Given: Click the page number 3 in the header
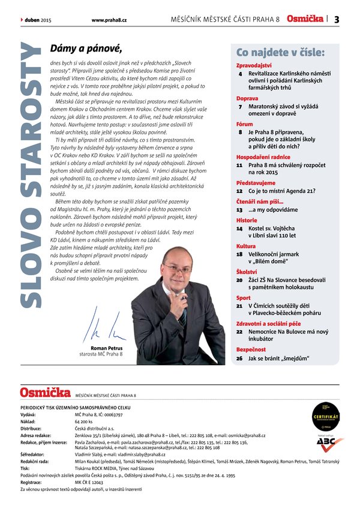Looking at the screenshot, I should (337, 19).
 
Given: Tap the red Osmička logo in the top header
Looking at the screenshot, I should (305, 19).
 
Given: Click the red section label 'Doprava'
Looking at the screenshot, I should (247, 98).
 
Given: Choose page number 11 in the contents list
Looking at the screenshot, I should (239, 164).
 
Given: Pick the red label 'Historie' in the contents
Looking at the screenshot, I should (247, 220).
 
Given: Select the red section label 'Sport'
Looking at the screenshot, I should (244, 297).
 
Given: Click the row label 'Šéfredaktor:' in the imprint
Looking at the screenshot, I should (35, 455).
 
